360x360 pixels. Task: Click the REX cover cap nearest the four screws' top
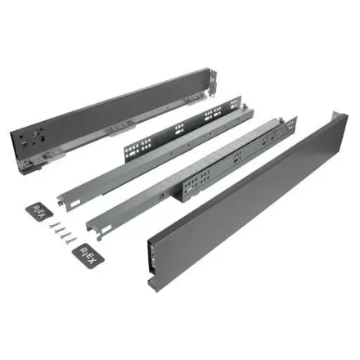39,212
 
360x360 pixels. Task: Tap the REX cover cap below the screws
88,256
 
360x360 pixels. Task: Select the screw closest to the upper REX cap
55,225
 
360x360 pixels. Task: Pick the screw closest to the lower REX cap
71,241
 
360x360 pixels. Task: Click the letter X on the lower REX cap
92,260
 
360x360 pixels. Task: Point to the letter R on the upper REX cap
36,208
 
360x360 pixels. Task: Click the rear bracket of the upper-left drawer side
214,83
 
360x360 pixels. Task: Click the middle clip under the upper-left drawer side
121,129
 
